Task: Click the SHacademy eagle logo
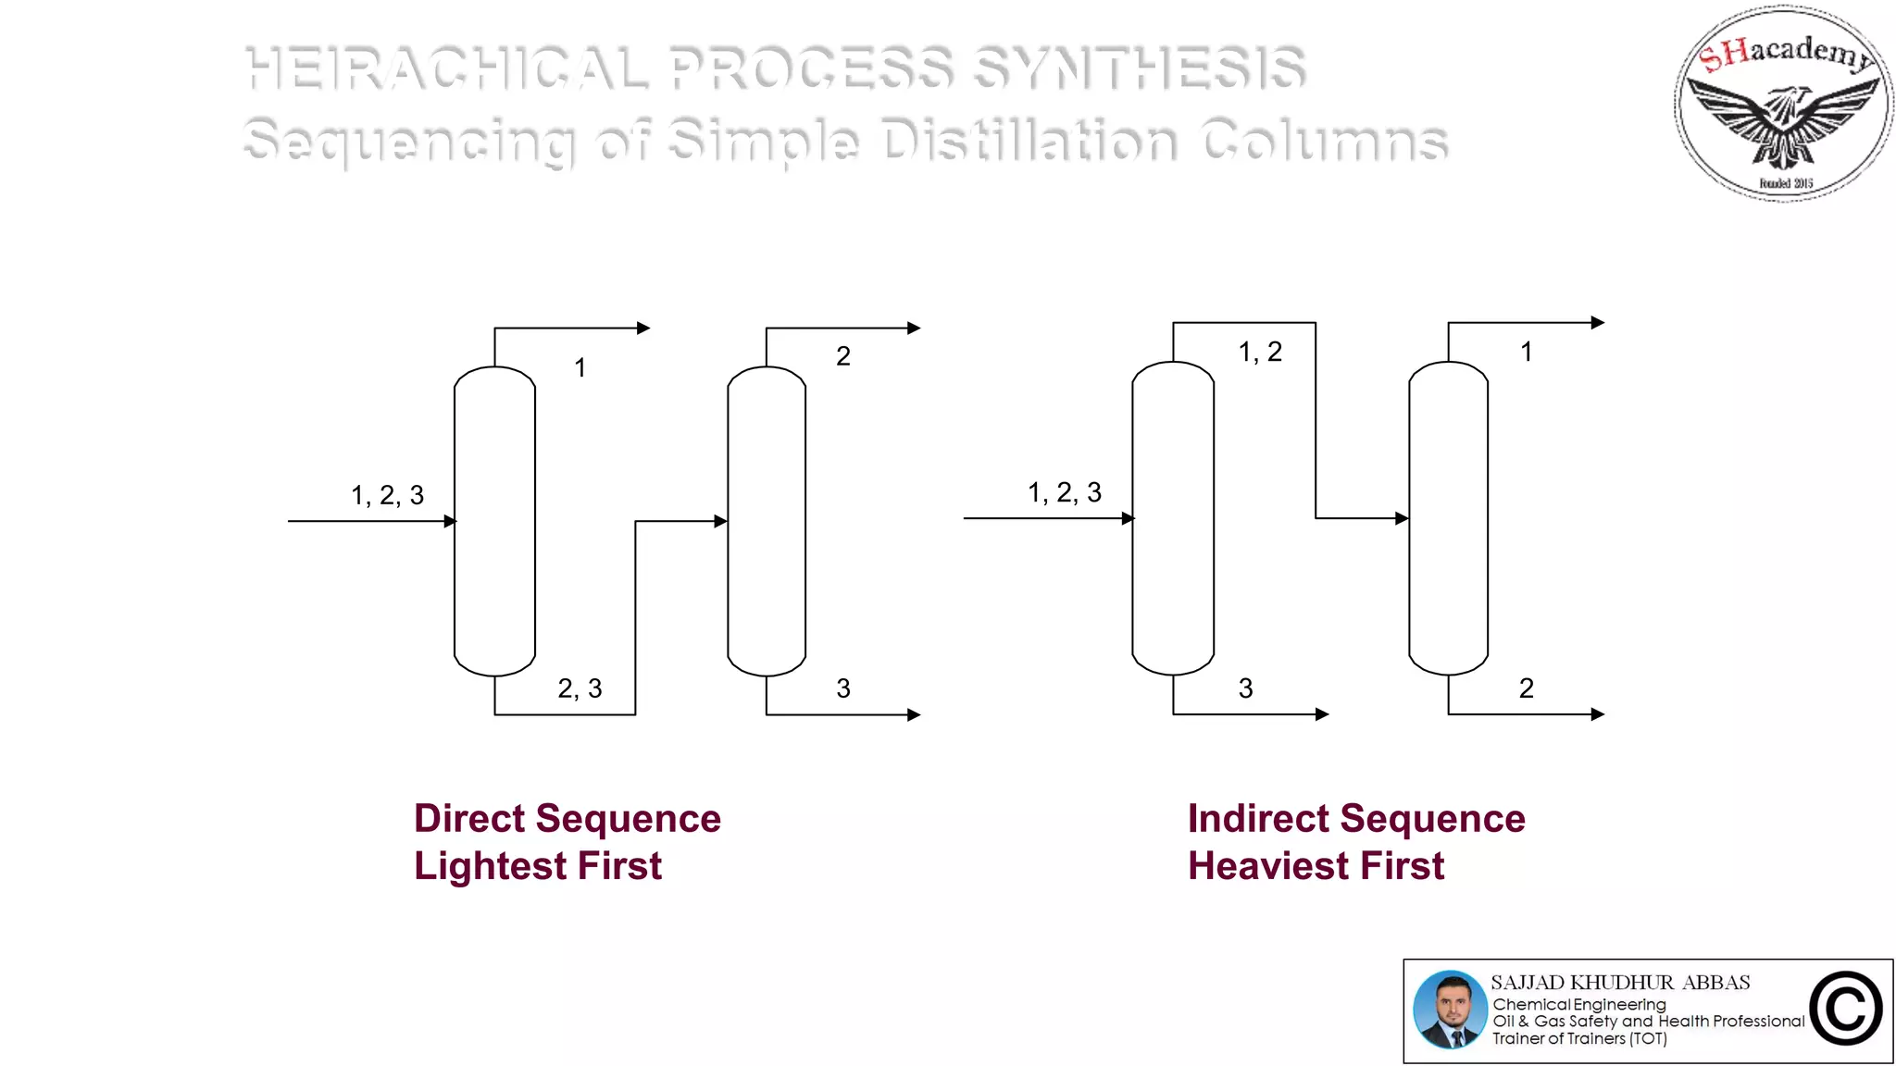1783,104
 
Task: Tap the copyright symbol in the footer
1845,1010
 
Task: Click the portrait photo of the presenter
1450,1010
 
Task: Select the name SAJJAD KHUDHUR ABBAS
1620,982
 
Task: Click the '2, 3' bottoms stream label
580,688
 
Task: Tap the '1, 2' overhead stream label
1260,352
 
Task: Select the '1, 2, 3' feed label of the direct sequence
387,496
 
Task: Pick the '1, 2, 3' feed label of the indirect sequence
1065,492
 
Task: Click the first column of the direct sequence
494,521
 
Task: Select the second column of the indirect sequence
1448,518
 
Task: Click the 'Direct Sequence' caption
567,819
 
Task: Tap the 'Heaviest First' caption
1316,866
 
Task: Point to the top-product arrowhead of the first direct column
643,328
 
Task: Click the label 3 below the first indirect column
1245,688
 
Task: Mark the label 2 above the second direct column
842,356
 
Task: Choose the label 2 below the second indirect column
1526,688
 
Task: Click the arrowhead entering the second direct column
720,521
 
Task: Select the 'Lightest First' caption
538,866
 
